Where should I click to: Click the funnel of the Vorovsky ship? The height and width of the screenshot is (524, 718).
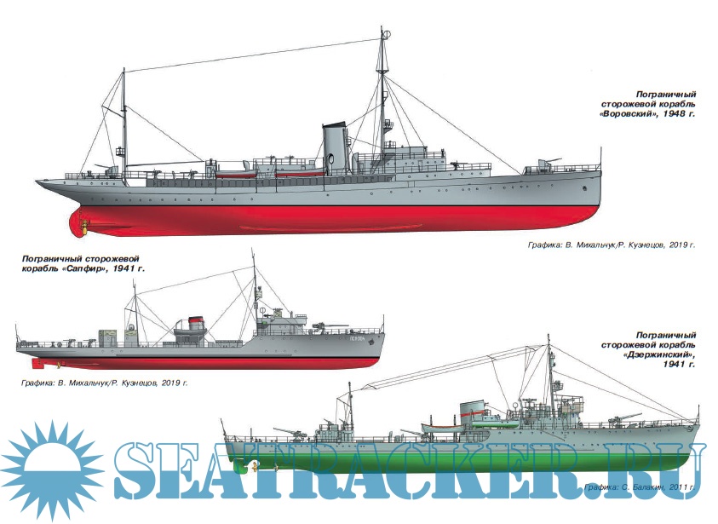(332, 147)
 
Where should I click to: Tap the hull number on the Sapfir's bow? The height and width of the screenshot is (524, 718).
(356, 339)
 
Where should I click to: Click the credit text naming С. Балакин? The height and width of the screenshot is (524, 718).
(639, 487)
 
